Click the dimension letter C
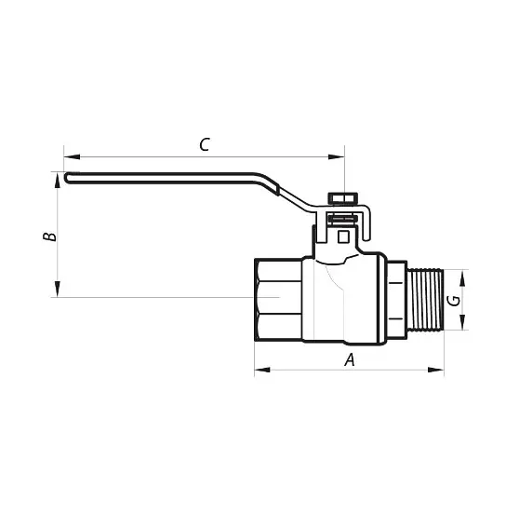click(205, 144)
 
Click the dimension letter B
click(49, 236)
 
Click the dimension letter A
click(350, 359)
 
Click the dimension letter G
click(454, 301)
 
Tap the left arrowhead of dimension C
click(72, 157)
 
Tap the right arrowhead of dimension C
click(337, 157)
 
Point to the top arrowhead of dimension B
click(58, 181)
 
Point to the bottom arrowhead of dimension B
click(58, 289)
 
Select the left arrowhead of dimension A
click(262, 370)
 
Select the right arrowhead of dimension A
click(436, 370)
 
